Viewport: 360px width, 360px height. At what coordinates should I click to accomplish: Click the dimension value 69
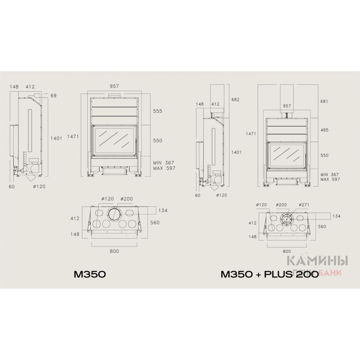54,96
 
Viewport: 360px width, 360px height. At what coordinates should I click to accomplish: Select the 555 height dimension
158,111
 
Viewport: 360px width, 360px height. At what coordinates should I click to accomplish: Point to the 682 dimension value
235,100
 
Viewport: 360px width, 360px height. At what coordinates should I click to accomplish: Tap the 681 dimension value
324,101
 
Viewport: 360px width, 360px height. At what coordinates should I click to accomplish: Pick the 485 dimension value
324,130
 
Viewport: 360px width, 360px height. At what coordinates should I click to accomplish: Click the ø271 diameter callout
304,205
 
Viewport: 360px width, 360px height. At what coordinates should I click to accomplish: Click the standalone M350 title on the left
90,274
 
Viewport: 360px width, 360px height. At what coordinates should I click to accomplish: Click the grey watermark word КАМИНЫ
318,261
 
